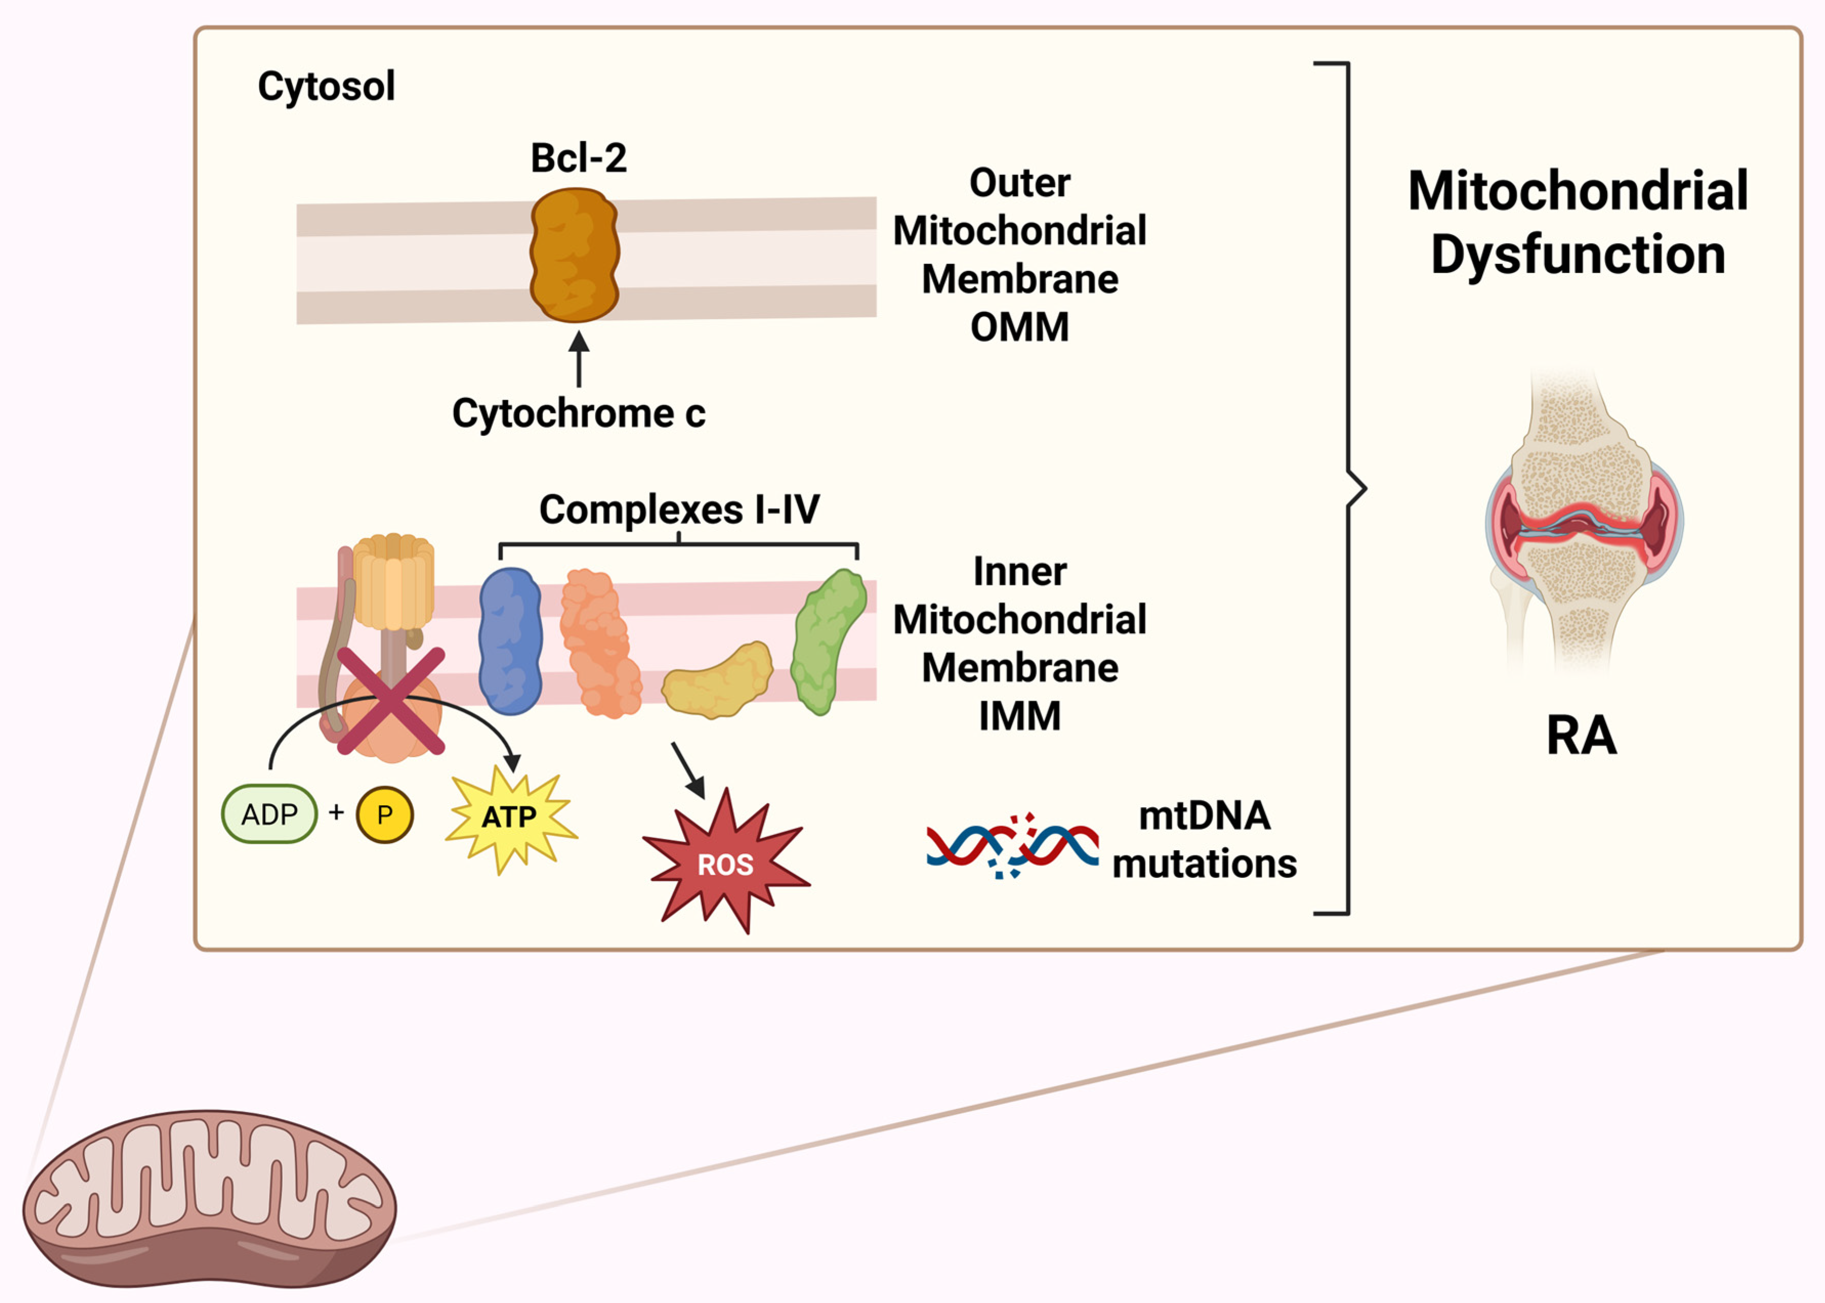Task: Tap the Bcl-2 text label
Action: pyautogui.click(x=579, y=158)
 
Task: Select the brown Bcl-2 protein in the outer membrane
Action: pyautogui.click(x=575, y=255)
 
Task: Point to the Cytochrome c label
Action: pyautogui.click(x=579, y=414)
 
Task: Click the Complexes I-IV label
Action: pyautogui.click(x=678, y=510)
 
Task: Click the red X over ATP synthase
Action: pyautogui.click(x=391, y=701)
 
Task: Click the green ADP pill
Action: pyautogui.click(x=269, y=814)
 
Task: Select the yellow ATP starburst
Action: pyautogui.click(x=510, y=817)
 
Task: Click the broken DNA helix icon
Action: pyautogui.click(x=1012, y=847)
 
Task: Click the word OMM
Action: pyautogui.click(x=1020, y=327)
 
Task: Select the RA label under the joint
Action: pyautogui.click(x=1581, y=735)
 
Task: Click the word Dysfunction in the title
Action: pyautogui.click(x=1578, y=255)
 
